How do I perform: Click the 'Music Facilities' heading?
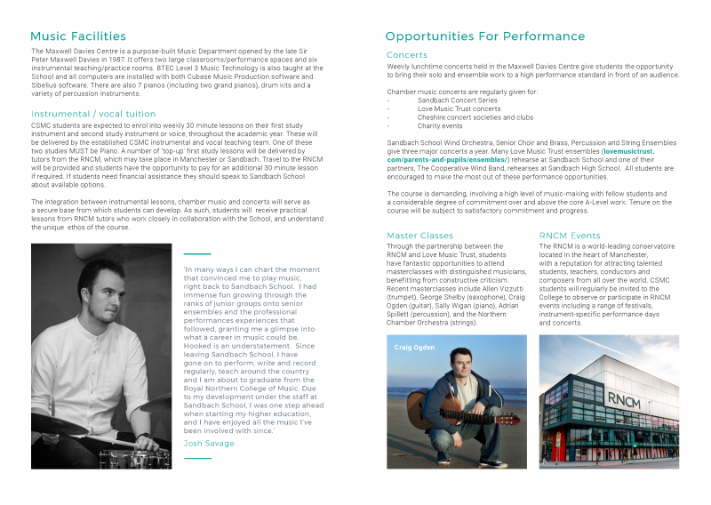tap(78, 36)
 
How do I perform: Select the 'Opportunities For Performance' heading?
tap(484, 36)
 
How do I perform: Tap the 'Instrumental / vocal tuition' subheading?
tap(93, 114)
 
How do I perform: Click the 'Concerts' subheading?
tap(407, 55)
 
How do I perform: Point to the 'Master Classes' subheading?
tap(419, 236)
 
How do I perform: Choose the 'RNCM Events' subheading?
tap(570, 236)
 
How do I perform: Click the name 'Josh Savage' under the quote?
tap(208, 443)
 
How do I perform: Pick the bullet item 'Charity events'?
tap(440, 125)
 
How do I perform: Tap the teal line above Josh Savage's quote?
tap(196, 254)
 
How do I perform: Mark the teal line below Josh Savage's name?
tap(196, 459)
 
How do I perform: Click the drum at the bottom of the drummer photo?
tap(133, 459)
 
